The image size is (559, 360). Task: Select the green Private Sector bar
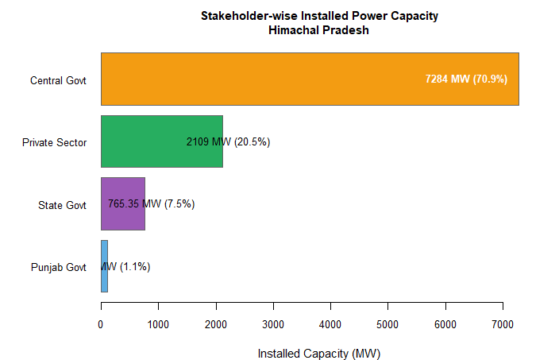(143, 141)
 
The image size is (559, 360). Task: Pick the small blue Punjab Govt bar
(104, 266)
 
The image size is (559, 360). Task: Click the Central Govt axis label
(58, 80)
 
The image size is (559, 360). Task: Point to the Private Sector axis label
(54, 142)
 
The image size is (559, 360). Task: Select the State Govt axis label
(62, 205)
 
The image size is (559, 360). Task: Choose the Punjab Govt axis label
(58, 267)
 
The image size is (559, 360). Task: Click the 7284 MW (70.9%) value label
(466, 79)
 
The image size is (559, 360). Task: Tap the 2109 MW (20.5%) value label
(229, 141)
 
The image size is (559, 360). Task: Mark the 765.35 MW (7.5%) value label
(151, 203)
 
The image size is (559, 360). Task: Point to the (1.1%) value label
(126, 266)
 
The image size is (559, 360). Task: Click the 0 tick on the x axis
(101, 323)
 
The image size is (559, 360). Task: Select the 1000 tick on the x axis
(158, 323)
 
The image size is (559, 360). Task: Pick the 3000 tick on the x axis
(273, 323)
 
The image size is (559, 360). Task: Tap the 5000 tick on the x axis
(387, 323)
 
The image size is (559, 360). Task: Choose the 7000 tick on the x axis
(503, 323)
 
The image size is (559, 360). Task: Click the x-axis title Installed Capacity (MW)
(314, 353)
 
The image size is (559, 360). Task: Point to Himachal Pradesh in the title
(319, 31)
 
